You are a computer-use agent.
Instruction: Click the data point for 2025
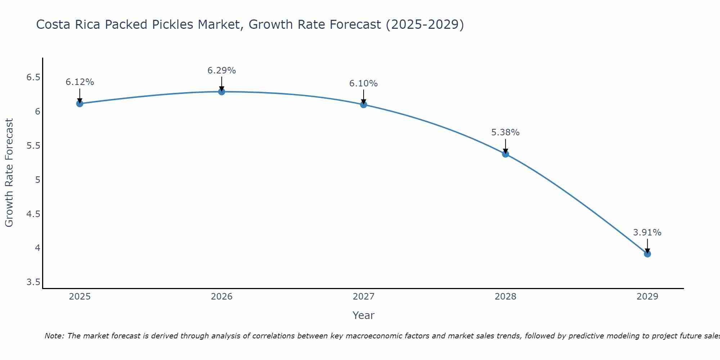(x=80, y=104)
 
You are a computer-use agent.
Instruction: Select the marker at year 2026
(x=221, y=92)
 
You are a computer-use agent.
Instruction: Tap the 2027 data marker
(x=363, y=105)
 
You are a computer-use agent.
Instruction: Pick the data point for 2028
(x=505, y=154)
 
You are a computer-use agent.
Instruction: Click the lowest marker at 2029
(x=647, y=254)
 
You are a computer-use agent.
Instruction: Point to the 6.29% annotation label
(x=221, y=71)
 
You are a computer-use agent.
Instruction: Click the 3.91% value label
(x=647, y=233)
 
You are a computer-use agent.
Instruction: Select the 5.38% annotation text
(x=505, y=132)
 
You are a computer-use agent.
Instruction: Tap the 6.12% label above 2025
(x=80, y=82)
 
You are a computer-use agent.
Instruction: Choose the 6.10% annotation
(x=363, y=84)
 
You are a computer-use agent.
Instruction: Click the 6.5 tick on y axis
(x=33, y=77)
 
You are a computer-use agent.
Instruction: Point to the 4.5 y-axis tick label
(x=33, y=214)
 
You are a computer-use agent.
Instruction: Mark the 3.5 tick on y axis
(x=33, y=282)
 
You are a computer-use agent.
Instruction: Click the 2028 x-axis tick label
(x=505, y=297)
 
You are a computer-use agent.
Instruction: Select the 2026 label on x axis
(x=221, y=297)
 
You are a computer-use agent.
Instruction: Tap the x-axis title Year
(x=363, y=315)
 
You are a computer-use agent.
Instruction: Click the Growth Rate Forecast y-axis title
(x=9, y=173)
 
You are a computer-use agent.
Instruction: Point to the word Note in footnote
(x=54, y=336)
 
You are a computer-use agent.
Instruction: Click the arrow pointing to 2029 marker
(x=647, y=246)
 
